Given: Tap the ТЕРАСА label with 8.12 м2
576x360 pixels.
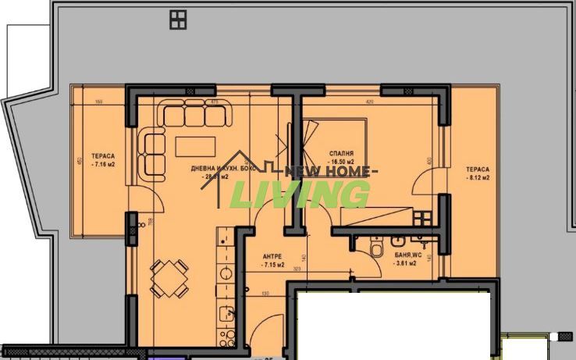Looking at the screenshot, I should (x=478, y=169).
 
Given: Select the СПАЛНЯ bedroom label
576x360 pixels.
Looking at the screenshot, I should (x=341, y=154).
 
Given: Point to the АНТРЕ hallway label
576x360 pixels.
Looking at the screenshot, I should (x=272, y=256).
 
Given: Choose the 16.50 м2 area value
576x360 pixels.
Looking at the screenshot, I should (x=341, y=162).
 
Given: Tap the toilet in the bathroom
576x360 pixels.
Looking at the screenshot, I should (x=375, y=248).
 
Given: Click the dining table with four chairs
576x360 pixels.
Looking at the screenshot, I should (x=169, y=277).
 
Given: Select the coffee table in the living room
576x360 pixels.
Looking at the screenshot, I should (x=191, y=146).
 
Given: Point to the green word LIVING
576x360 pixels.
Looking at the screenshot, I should (x=303, y=194).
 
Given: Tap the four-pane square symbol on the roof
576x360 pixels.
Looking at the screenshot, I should (x=178, y=20).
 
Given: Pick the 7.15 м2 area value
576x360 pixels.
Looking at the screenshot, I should (x=272, y=266).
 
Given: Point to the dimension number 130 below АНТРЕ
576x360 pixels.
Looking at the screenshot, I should (x=265, y=294).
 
